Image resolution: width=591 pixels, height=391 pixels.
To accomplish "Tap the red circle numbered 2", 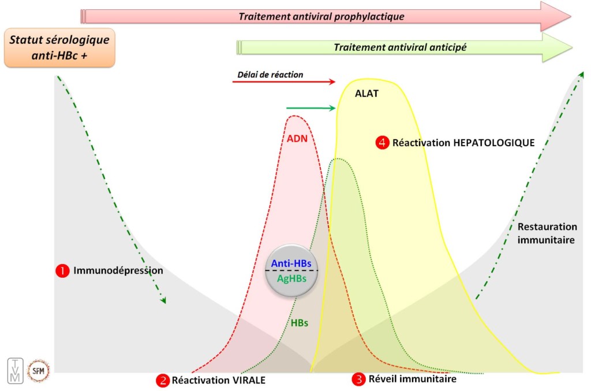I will [x=163, y=380].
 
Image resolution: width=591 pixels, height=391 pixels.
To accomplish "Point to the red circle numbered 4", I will [x=382, y=142].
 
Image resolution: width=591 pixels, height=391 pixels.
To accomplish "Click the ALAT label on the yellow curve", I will [x=367, y=93].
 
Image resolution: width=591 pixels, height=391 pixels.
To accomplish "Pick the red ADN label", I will [x=298, y=138].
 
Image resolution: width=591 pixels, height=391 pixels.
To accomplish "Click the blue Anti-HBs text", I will [x=291, y=263].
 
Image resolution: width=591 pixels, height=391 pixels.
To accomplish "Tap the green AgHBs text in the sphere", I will [x=291, y=278].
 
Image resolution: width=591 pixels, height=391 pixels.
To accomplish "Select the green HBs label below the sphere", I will [x=300, y=323].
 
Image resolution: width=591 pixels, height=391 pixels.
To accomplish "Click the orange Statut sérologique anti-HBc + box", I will [x=60, y=47].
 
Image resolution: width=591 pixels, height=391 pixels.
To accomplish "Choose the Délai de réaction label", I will [x=270, y=75].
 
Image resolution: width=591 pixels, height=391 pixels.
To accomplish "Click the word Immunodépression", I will [x=118, y=270].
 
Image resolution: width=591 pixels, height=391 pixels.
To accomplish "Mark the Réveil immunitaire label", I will [x=413, y=379].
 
